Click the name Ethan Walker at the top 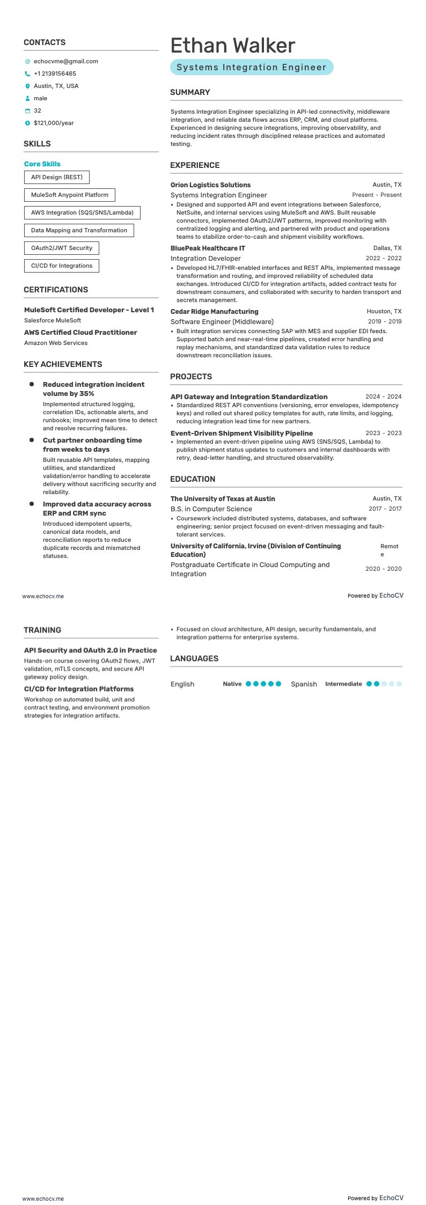pos(233,46)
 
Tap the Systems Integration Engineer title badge pos(252,68)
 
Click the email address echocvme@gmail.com pos(65,62)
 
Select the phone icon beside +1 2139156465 pos(27,74)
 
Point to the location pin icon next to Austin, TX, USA pos(27,86)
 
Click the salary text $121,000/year pos(54,123)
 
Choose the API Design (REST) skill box pos(57,178)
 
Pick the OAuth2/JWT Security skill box pos(62,248)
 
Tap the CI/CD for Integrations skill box pos(62,266)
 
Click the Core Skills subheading pos(42,164)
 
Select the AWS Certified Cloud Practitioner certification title pos(80,333)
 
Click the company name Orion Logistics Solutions pos(210,185)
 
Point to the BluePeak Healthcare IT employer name pos(208,248)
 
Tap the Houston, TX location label pos(384,312)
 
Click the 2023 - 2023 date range pos(383,433)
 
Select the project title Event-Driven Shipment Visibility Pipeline pos(241,433)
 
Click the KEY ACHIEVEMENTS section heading pos(63,364)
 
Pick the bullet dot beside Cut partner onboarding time pos(32,440)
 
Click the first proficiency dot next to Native pos(248,684)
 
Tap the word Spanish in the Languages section pos(304,684)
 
